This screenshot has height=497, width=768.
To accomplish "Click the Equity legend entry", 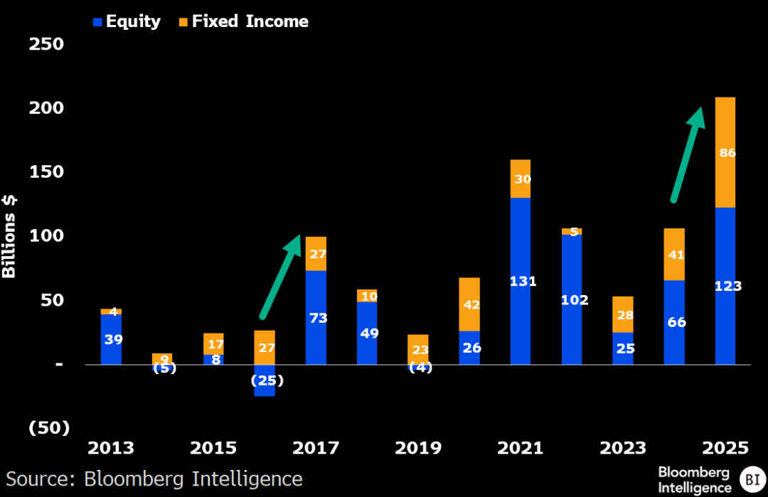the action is [127, 21].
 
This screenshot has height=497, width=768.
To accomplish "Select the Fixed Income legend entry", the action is [244, 21].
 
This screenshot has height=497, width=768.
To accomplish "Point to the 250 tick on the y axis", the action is [46, 44].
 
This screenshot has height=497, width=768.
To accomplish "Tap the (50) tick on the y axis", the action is [49, 428].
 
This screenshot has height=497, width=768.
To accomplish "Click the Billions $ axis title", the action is [9, 237].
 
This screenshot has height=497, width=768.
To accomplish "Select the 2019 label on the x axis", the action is [418, 447].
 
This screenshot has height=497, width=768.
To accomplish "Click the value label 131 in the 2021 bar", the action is [523, 282].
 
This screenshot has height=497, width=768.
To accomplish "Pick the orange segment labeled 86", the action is [725, 152].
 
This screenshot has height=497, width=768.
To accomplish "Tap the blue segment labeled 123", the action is [725, 286].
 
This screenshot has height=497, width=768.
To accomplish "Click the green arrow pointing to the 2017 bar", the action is [280, 277].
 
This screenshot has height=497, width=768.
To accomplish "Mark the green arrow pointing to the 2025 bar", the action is [688, 155].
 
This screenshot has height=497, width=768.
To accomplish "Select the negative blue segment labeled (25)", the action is [265, 380].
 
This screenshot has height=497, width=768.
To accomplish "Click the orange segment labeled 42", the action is [469, 304].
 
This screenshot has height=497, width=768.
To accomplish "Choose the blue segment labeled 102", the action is [572, 299].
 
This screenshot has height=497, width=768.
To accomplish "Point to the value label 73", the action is [319, 319].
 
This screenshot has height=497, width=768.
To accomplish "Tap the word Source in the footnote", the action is [40, 479].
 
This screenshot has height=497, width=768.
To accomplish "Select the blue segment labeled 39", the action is [111, 339].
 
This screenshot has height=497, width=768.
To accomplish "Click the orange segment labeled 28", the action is [623, 314].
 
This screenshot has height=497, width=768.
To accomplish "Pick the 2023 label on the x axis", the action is [623, 447].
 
